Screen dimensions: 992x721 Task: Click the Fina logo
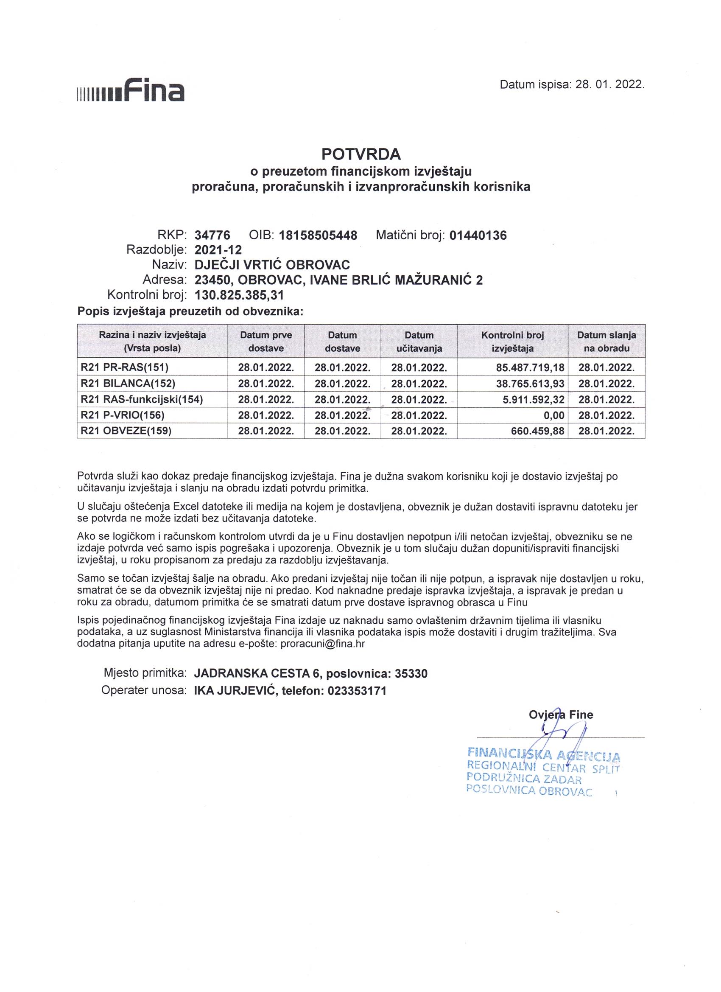point(130,90)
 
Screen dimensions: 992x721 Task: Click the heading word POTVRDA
point(361,154)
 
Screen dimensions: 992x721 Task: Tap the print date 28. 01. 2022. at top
point(609,85)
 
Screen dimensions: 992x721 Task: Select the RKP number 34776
point(212,236)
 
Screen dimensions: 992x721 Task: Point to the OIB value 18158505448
point(318,236)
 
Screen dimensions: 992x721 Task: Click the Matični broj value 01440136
point(478,236)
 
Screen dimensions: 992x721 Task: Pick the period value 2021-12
point(218,250)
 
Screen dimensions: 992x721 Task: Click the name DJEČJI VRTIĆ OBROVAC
point(272,265)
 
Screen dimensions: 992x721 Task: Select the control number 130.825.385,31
point(239,295)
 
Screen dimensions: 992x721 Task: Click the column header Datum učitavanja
point(419,342)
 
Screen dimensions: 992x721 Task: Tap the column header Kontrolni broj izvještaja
point(512,342)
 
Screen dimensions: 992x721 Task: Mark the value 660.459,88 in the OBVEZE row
point(537,431)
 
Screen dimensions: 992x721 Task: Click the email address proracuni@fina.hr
point(323,643)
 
